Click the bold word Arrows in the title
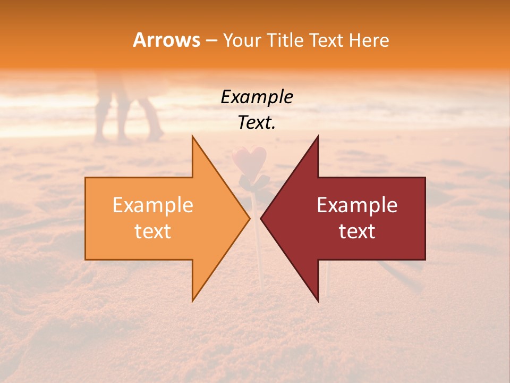[166, 40]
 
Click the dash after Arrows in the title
[211, 41]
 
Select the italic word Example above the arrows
[257, 97]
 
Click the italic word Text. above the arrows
[257, 123]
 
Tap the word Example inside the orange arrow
[153, 205]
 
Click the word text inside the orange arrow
[153, 231]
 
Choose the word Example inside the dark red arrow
[357, 205]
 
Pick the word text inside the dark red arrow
[357, 231]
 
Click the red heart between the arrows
[249, 157]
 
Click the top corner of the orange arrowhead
[193, 137]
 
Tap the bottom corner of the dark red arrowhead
[318, 301]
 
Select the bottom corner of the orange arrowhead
[193, 301]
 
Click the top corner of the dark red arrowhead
[318, 137]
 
